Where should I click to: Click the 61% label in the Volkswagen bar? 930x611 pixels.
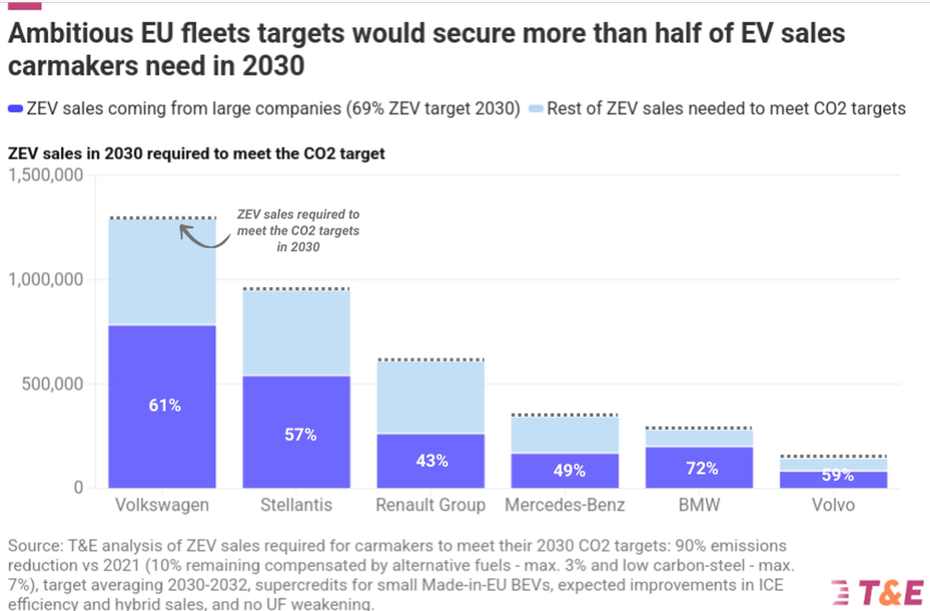point(164,405)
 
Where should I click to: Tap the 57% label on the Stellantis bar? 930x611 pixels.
point(300,435)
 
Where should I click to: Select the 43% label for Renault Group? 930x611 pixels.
point(432,461)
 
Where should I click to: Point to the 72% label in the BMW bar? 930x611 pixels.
point(702,468)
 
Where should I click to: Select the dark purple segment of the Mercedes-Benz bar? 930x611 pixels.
point(565,471)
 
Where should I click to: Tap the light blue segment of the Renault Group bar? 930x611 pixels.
point(431,397)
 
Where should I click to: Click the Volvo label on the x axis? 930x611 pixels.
point(833,505)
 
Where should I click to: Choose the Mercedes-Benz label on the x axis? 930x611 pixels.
point(565,505)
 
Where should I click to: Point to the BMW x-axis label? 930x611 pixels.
point(699,505)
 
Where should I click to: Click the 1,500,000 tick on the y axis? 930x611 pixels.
point(46,175)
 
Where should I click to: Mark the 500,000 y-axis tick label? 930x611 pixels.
point(52,384)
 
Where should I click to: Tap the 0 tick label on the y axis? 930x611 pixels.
point(78,487)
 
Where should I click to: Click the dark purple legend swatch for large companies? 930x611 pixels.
point(15,109)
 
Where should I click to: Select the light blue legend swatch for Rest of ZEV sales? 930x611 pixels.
point(536,109)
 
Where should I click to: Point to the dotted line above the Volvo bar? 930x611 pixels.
point(833,456)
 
